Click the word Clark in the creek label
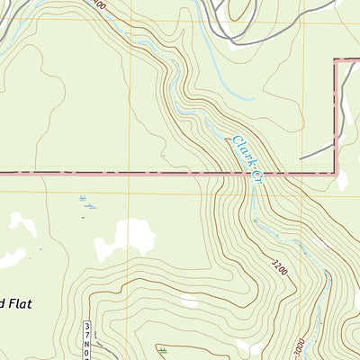242,148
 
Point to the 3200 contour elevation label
282,265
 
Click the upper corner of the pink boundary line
337,61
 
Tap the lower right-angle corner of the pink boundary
337,172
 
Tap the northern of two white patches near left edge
24,226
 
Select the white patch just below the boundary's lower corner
342,181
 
